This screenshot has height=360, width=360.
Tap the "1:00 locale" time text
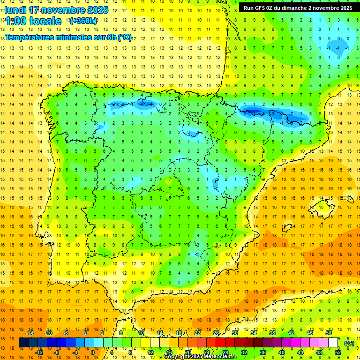33,21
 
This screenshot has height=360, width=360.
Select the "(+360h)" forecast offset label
83,21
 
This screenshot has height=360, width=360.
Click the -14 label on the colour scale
30,333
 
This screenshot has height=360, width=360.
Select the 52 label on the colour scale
338,352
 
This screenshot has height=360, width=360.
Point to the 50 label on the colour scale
329,333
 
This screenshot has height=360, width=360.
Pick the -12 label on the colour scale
39,352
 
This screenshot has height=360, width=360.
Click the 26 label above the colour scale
216,333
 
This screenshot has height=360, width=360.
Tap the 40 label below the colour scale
282,352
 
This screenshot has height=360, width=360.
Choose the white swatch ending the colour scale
333,343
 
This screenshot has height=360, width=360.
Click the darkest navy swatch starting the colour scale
23,343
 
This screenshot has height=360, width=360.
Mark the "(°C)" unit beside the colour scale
349,343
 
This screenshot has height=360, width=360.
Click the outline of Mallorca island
322,205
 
